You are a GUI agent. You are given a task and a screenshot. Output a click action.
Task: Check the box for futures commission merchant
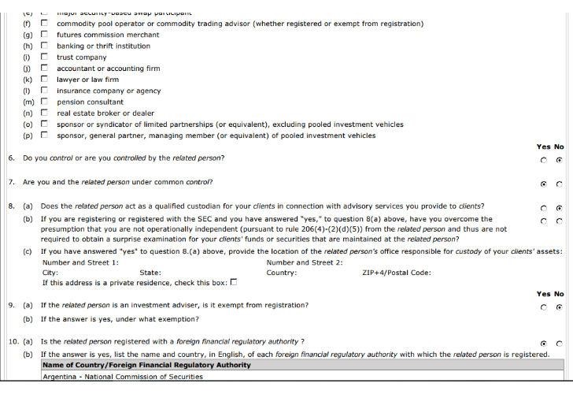(44, 35)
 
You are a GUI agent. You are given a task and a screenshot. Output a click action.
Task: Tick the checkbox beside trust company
(44, 58)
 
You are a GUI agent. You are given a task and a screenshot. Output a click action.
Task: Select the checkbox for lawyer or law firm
(44, 80)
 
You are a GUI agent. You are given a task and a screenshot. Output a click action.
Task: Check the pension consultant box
(44, 102)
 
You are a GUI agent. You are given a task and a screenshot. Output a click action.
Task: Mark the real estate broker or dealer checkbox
(44, 113)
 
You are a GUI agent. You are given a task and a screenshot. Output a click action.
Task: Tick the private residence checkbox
(234, 282)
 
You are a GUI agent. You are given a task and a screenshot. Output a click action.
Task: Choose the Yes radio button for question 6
(544, 160)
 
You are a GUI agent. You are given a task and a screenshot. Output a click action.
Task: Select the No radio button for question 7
(559, 184)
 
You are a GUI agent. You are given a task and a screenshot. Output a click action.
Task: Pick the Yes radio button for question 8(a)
(544, 208)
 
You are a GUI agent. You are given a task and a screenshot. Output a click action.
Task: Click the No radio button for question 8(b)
(559, 221)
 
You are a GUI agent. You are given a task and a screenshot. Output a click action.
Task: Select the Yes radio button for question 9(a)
(544, 307)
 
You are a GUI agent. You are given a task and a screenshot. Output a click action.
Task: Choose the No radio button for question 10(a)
(559, 344)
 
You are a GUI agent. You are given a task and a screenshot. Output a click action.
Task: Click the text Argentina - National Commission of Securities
(122, 377)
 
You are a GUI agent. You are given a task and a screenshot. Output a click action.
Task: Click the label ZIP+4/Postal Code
(397, 273)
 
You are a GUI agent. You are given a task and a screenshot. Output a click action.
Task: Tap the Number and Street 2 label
(304, 262)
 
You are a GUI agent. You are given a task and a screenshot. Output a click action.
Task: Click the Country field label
(282, 273)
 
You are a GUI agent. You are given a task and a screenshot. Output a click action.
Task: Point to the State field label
(150, 273)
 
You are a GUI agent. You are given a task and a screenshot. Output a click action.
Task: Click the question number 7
(11, 182)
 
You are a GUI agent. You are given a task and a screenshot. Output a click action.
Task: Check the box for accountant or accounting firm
(44, 69)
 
